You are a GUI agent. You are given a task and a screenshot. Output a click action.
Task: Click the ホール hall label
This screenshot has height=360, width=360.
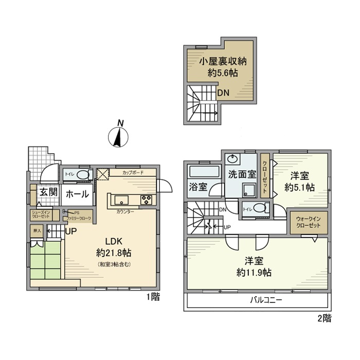tap(77, 194)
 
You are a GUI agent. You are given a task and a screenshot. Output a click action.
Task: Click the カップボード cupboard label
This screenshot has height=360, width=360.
tap(133, 173)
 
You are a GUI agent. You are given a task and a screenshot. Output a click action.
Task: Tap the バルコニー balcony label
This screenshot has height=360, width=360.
tap(266, 300)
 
